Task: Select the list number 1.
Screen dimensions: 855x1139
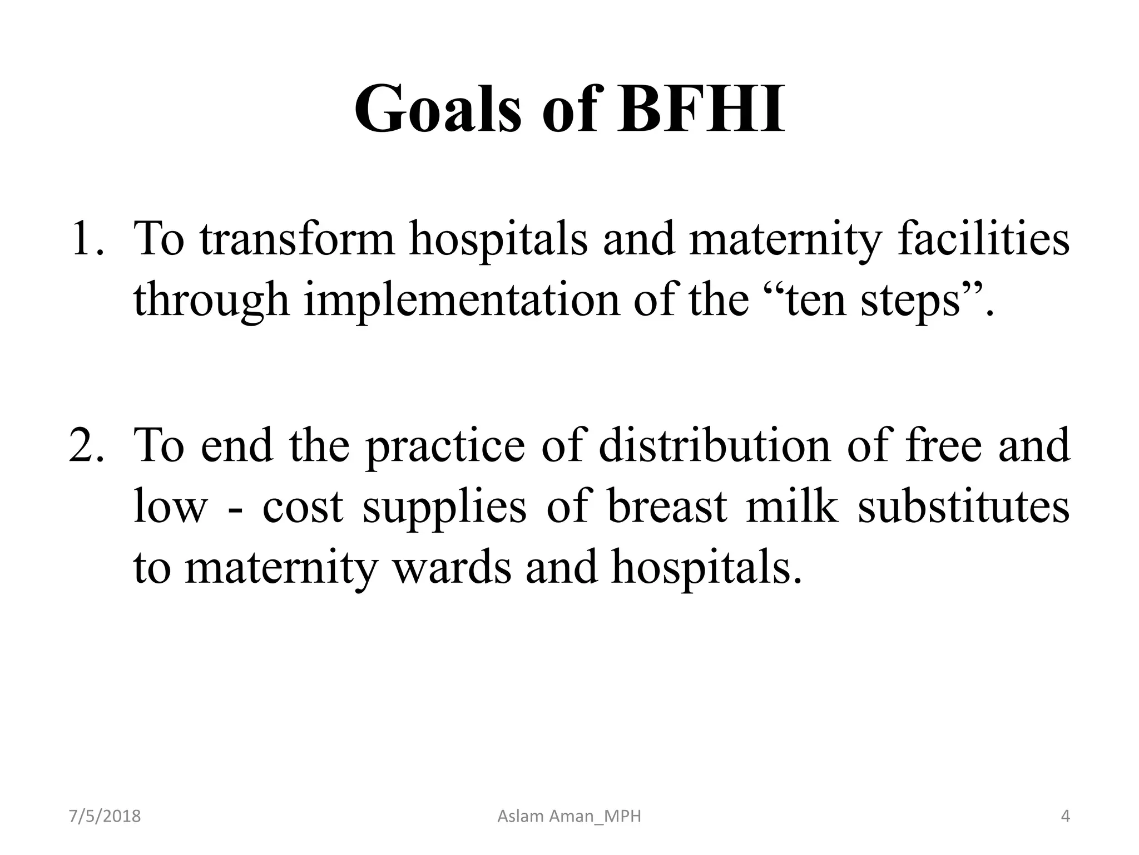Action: [x=86, y=239]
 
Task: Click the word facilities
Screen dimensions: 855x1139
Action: [x=983, y=239]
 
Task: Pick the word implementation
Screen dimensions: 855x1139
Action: [x=462, y=300]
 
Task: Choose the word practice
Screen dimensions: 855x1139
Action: [x=445, y=446]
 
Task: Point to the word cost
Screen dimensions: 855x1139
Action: [x=303, y=508]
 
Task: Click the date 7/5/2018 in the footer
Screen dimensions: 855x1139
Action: [x=105, y=817]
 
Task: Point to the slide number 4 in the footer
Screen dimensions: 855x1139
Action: [x=1065, y=817]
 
